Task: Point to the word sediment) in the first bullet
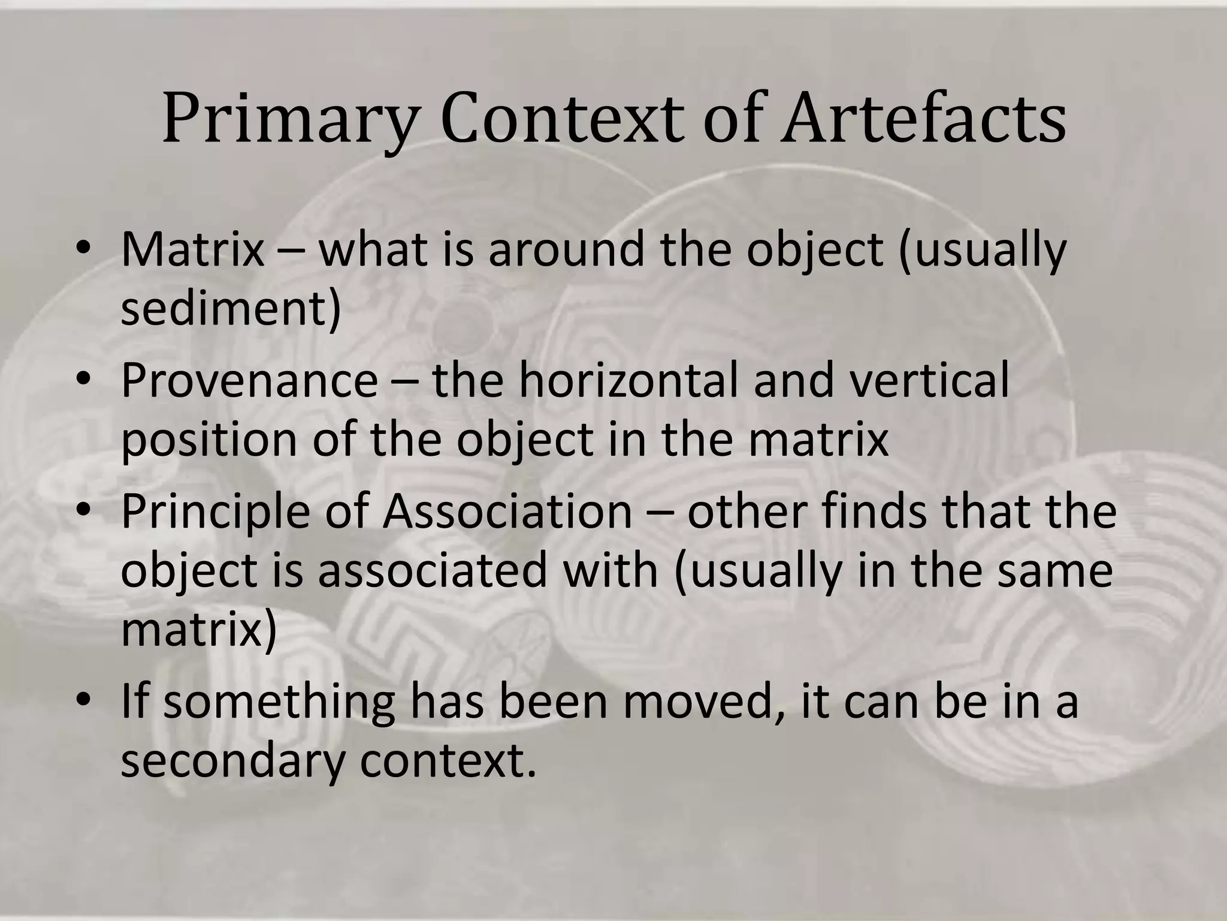click(x=231, y=308)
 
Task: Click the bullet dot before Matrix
click(x=83, y=249)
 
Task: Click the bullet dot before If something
click(x=83, y=702)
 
